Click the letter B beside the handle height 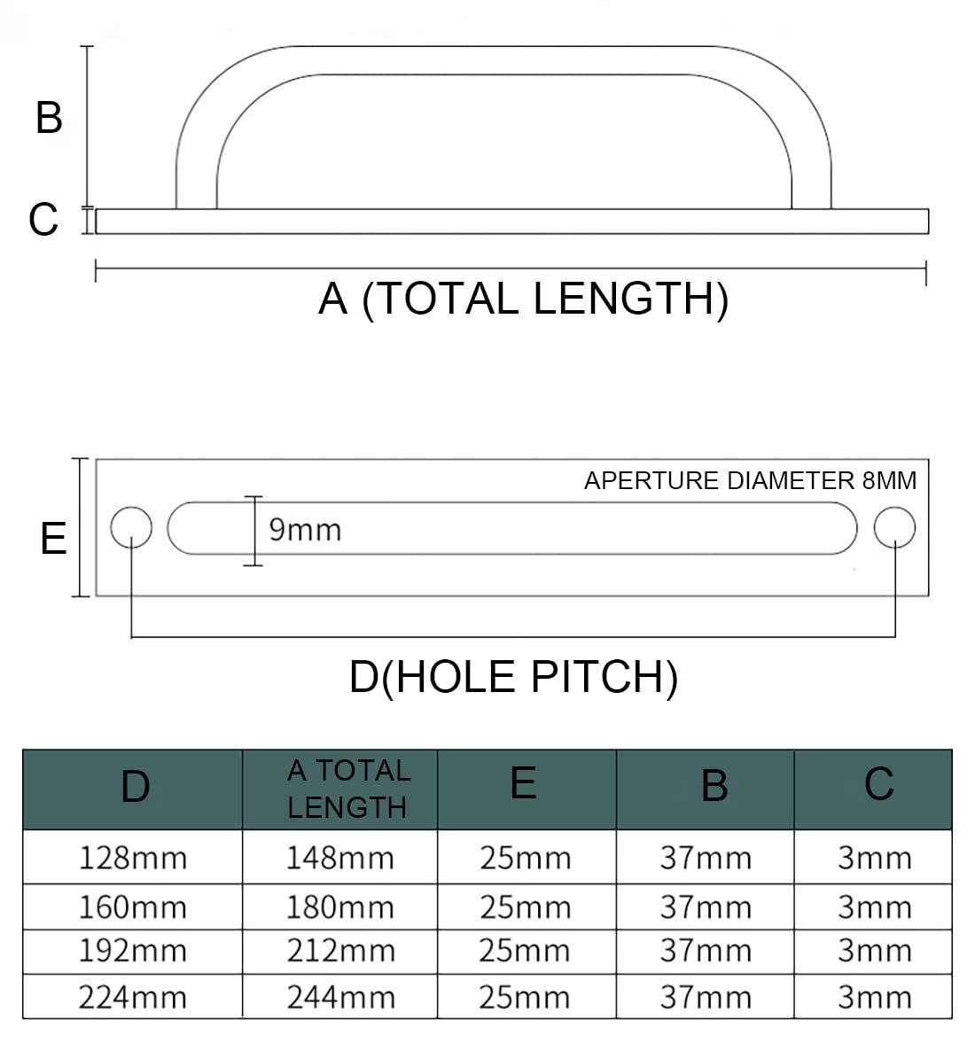49,118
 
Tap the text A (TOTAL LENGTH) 523,299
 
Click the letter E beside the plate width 53,538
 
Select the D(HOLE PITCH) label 513,677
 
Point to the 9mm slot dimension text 306,530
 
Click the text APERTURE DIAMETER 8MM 750,481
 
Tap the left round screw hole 131,528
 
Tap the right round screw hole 894,528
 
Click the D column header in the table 135,787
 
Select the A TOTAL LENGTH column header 348,789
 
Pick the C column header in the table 878,783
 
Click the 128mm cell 133,858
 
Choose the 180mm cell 340,907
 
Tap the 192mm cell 133,951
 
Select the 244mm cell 341,998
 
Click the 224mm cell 133,998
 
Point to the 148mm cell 340,858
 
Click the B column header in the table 714,785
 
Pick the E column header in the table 523,782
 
